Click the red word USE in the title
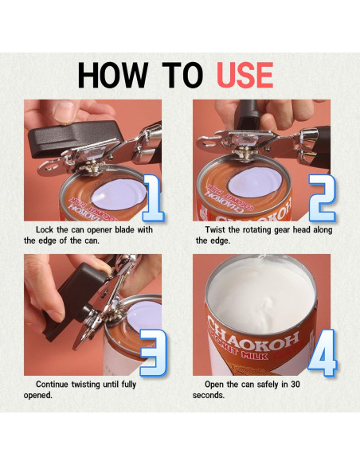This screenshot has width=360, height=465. coord(245,75)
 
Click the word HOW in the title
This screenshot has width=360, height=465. coord(112,75)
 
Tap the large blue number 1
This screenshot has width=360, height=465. coord(153,198)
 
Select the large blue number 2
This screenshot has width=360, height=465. coord(322,198)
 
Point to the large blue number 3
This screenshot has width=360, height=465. coord(153,353)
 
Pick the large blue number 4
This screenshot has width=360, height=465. coord(323,353)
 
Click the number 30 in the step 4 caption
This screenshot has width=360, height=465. coord(295,385)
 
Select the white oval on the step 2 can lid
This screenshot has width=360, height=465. coord(254,182)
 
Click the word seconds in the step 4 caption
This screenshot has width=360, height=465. coord(209,395)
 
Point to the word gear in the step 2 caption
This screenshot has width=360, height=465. coord(281,230)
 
